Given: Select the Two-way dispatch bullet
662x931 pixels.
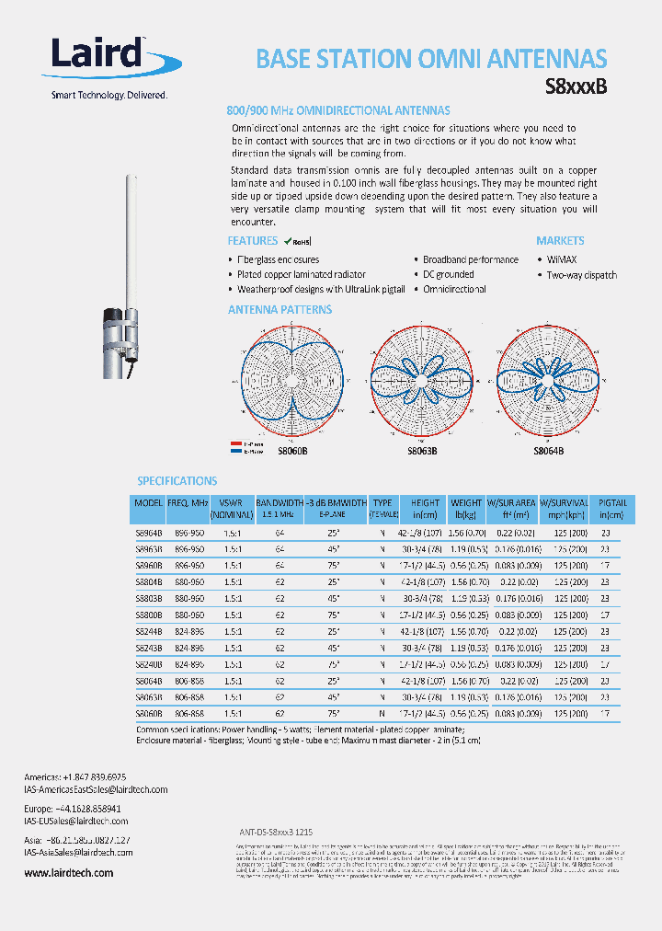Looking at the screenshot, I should (x=581, y=275).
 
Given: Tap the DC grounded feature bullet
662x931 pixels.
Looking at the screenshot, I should (x=448, y=275).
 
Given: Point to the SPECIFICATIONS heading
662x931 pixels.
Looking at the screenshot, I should (x=177, y=481).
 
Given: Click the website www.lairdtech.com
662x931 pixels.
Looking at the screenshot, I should (x=69, y=873).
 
